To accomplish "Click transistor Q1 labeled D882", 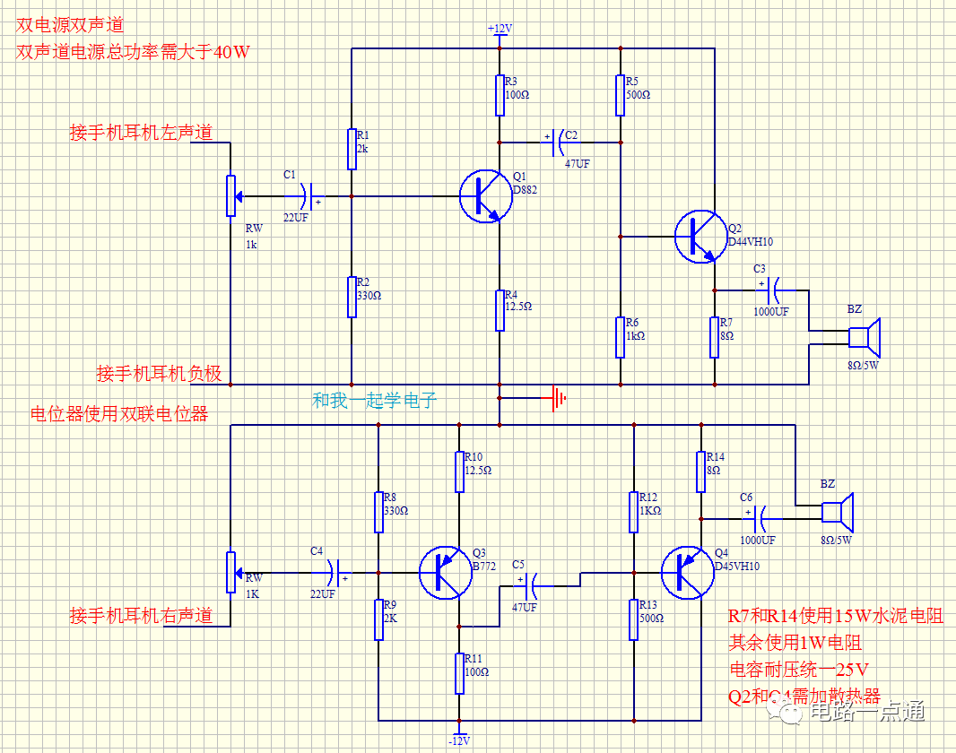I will click(x=485, y=196).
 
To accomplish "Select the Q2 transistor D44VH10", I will click(x=700, y=237).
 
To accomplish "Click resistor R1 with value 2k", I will click(x=352, y=149).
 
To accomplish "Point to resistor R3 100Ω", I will click(x=500, y=95).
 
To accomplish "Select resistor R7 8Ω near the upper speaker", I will click(x=715, y=337).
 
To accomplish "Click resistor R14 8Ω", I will click(x=700, y=471).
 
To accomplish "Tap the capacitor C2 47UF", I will click(x=563, y=141).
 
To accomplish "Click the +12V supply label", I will click(x=500, y=29).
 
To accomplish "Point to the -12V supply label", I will click(x=459, y=740).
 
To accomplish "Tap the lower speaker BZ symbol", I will click(x=838, y=512).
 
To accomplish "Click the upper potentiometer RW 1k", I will click(x=230, y=195).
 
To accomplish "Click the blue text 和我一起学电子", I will click(x=374, y=401).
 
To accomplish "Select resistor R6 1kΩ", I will click(x=620, y=337).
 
